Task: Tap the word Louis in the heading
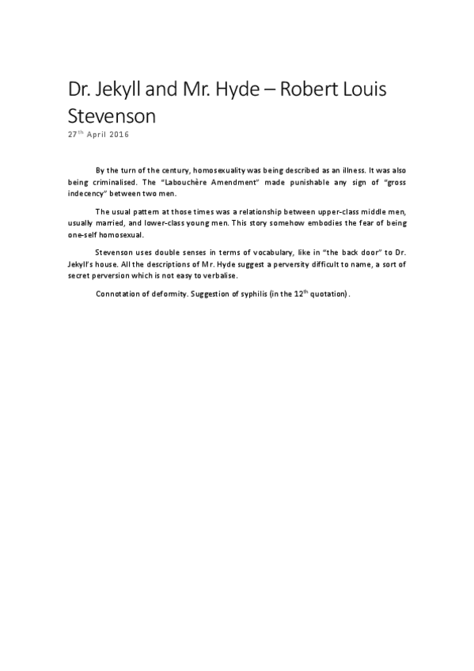(363, 90)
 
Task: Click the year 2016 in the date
(116, 134)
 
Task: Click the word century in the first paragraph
(169, 170)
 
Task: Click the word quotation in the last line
(324, 294)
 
